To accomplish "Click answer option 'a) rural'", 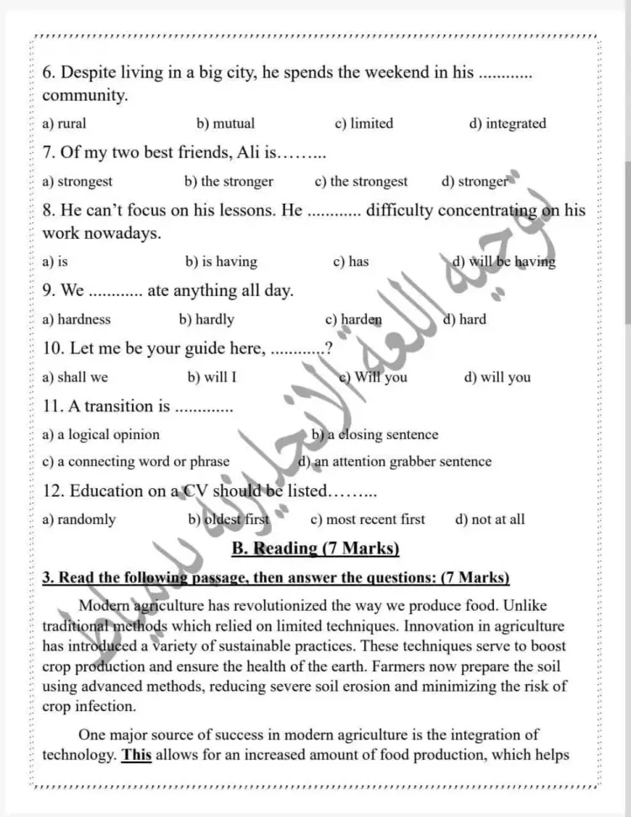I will pos(64,124).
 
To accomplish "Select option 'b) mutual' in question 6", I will pos(225,124).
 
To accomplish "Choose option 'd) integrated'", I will pos(507,124).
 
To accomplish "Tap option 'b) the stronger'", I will pos(229,182).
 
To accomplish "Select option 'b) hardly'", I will pos(207,320).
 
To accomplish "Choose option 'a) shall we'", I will pos(75,378).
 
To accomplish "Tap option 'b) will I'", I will pos(212,378).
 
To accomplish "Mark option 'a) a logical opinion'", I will pos(101,435).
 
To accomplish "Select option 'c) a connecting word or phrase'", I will pos(135,462).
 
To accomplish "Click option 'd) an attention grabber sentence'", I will pos(395,462).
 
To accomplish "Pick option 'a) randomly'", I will pos(79,520).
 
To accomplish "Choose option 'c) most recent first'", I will pos(368,520).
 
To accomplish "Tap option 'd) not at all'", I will pos(490,520).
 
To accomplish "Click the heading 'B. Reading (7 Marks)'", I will pos(315,549).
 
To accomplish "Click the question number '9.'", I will pos(49,291).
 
